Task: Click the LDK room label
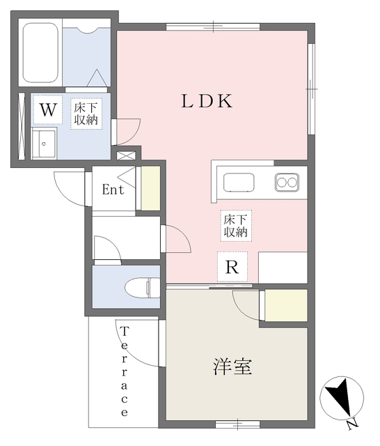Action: coord(207,101)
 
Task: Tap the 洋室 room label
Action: coord(232,367)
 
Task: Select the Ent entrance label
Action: coord(113,190)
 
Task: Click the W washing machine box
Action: coord(48,110)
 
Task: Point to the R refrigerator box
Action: coord(232,267)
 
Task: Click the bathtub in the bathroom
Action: coord(40,53)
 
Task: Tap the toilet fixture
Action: coord(142,288)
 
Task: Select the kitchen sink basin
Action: coord(239,183)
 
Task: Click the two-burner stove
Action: coord(287,182)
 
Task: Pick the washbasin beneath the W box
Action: coord(44,143)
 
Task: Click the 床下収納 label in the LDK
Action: coord(236,226)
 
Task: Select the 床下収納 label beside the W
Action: coord(86,114)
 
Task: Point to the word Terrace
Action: coord(125,371)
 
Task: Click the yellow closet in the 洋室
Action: coord(286,305)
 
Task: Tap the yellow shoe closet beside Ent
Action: coord(151,188)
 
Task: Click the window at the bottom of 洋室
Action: coord(238,425)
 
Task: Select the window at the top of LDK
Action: coord(213,26)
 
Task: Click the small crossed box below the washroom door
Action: coord(126,156)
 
